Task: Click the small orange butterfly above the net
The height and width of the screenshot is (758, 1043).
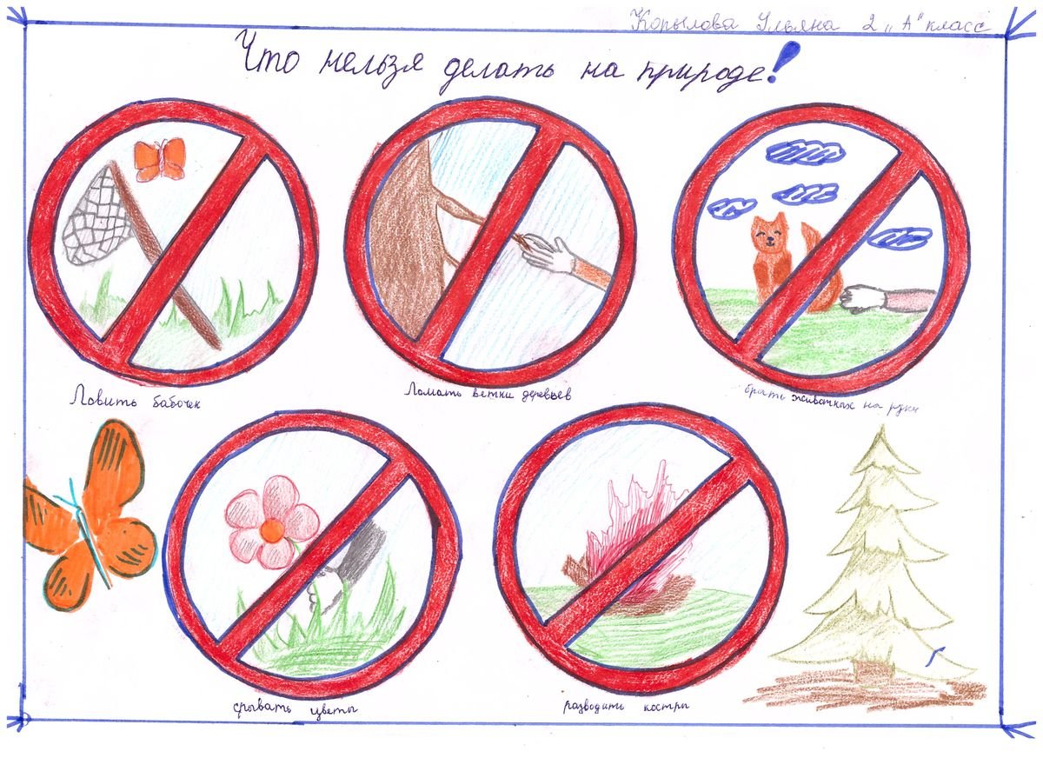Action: click(x=160, y=159)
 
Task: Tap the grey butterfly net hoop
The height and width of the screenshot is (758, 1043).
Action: click(x=96, y=217)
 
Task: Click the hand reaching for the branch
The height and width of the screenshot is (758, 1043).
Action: click(x=552, y=254)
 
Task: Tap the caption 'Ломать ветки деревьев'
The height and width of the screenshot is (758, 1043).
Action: click(x=491, y=390)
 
